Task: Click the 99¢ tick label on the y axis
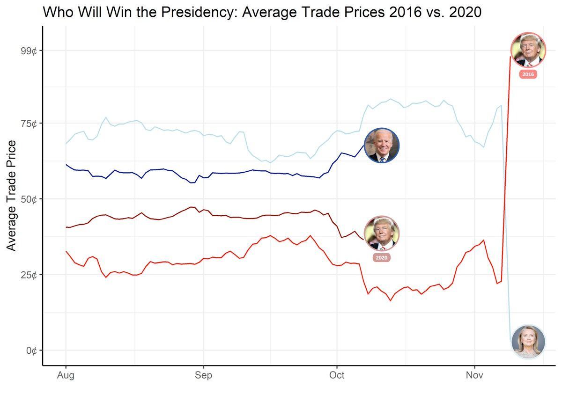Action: point(28,51)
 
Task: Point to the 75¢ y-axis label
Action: point(28,124)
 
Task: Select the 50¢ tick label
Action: point(28,199)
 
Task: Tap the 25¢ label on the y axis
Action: point(28,275)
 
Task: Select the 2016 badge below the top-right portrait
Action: point(528,74)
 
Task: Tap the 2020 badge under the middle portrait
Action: point(382,257)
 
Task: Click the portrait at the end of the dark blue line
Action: point(382,146)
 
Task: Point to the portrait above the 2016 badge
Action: point(528,50)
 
